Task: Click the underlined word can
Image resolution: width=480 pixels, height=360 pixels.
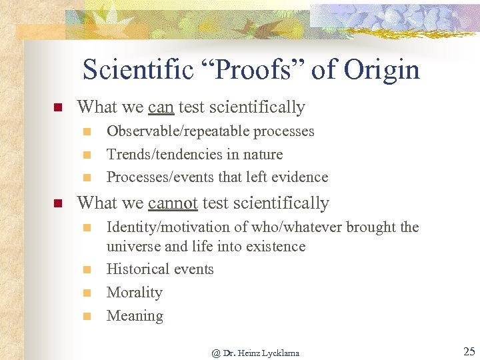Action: (161, 107)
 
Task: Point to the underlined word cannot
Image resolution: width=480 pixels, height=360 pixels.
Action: (173, 203)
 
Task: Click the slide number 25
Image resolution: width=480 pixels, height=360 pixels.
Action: (469, 352)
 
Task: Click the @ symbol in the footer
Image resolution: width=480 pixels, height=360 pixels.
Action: (216, 353)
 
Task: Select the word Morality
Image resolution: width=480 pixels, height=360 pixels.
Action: (135, 293)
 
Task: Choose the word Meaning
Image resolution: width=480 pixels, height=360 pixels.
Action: (135, 316)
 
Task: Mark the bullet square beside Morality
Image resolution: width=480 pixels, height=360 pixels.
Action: (86, 293)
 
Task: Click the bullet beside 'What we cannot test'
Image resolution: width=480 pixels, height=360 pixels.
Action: (57, 203)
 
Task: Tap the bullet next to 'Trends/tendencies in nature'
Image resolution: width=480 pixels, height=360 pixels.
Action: (86, 155)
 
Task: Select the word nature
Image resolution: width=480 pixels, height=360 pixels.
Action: (263, 155)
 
